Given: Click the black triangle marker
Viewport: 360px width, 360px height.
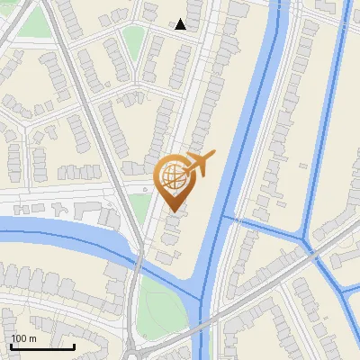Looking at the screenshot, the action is (181, 24).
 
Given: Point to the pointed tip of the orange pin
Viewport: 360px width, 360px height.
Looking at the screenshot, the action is (171, 210).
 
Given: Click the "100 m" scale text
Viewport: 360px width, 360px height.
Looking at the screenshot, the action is (23, 338).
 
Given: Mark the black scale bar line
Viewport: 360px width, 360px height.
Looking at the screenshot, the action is (42, 346).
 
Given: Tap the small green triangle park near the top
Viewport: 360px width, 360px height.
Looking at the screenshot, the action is (133, 40).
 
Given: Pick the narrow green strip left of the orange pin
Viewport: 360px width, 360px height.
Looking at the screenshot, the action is (140, 209).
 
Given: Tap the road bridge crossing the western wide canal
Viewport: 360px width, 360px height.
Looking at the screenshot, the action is (139, 262).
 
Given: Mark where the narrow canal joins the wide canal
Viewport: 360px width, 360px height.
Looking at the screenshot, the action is (225, 218).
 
